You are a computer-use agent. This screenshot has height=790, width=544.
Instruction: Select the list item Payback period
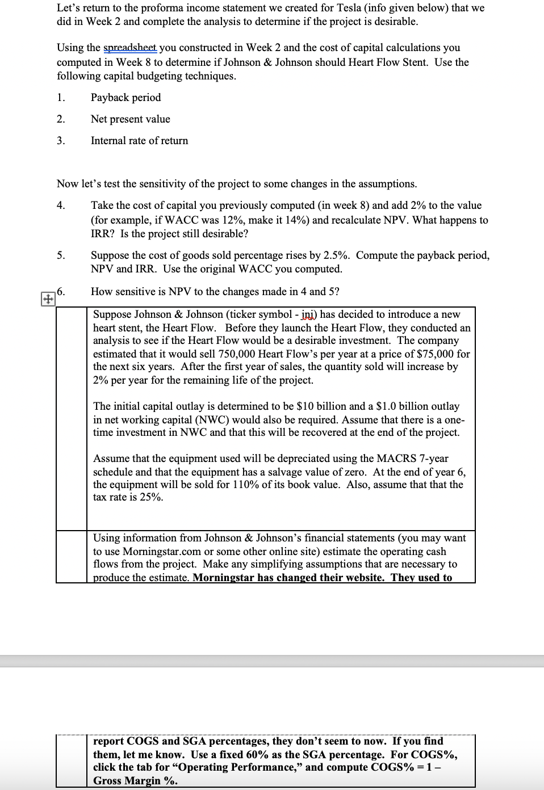(125, 98)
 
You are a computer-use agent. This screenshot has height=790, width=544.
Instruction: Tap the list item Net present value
(130, 119)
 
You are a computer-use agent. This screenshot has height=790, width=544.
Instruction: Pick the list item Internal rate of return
(139, 141)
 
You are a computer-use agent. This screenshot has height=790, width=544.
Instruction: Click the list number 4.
(61, 205)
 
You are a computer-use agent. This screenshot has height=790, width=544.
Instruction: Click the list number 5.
(61, 255)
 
